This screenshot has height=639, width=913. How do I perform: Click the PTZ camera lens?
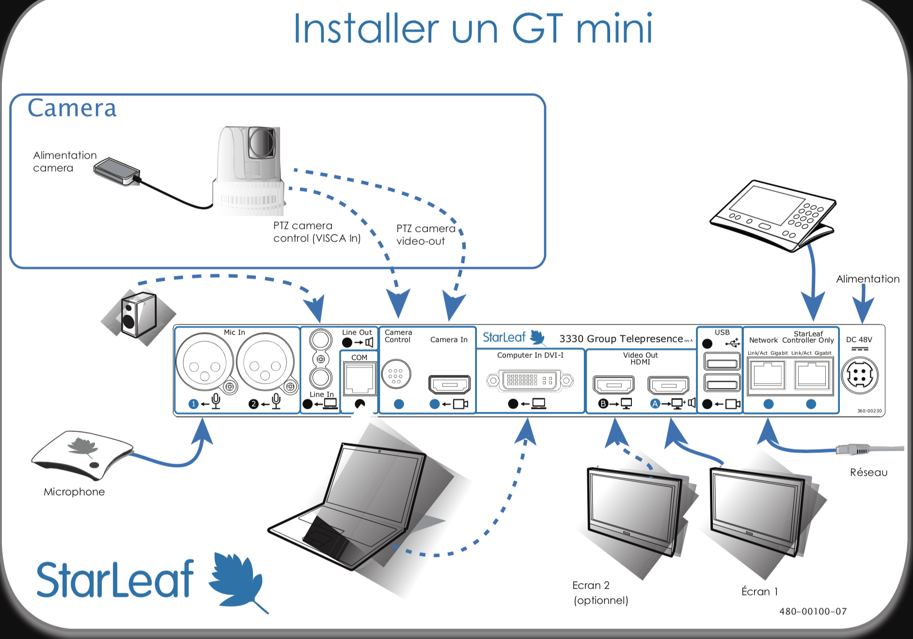(x=262, y=141)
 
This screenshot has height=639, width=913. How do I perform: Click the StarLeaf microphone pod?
(x=82, y=453)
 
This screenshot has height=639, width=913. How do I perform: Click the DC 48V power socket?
(x=860, y=375)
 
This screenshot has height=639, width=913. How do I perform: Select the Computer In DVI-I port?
(x=530, y=380)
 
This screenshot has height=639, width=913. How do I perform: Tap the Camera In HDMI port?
(x=449, y=384)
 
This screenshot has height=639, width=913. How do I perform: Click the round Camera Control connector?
(x=396, y=374)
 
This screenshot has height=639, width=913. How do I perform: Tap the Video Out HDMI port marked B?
(x=614, y=385)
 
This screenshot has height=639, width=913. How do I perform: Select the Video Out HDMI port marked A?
(x=668, y=385)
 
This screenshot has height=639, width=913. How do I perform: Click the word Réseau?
(x=868, y=472)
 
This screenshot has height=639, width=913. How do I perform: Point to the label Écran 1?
(x=759, y=591)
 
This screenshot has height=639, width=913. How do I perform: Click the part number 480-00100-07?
(x=813, y=611)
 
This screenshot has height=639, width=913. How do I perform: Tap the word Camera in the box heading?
(x=72, y=108)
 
